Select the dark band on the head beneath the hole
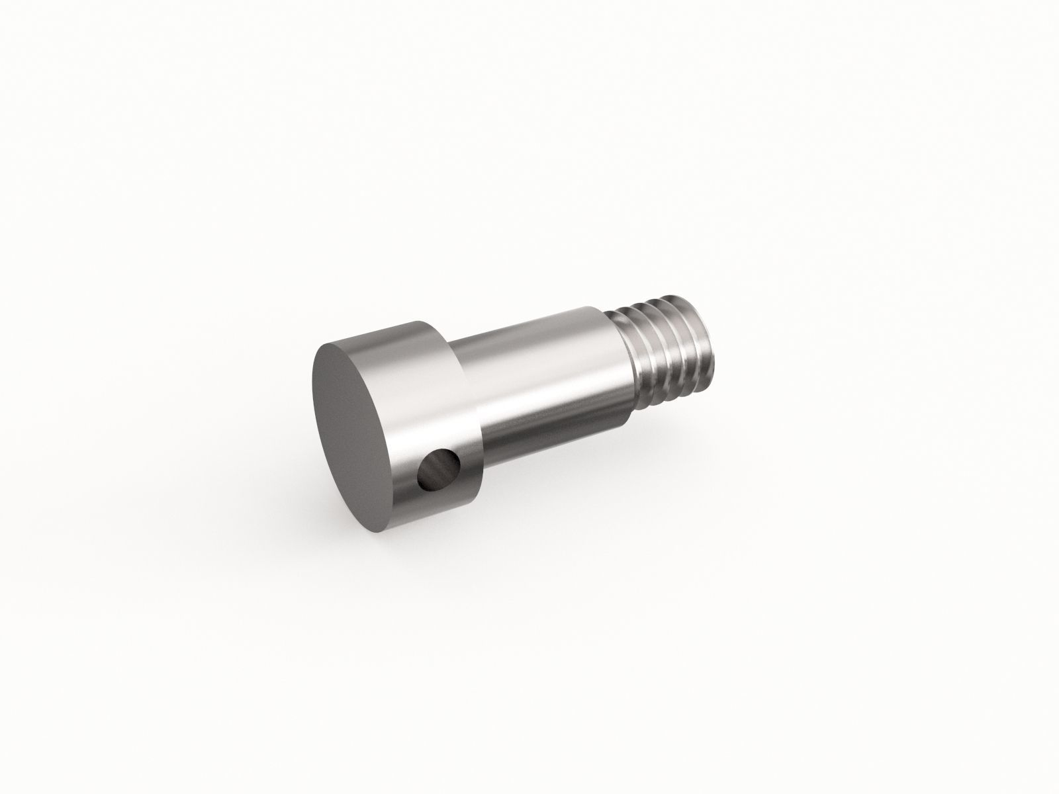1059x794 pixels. coord(437,503)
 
